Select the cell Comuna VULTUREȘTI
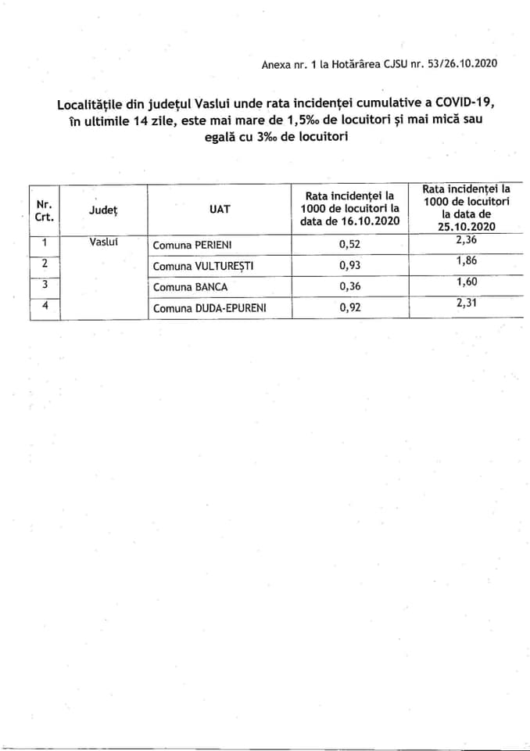[x=203, y=266]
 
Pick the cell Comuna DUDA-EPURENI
[x=209, y=308]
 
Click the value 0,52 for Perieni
[x=350, y=245]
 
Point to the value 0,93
[x=350, y=266]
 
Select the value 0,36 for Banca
[x=350, y=287]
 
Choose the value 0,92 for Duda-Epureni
[x=350, y=308]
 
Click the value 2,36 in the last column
[x=467, y=240]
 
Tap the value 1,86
[x=467, y=261]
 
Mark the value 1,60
[x=467, y=282]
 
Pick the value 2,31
[x=467, y=302]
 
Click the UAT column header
[x=220, y=209]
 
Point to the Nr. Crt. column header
[x=44, y=210]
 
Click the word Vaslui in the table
[x=103, y=243]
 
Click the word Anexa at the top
[x=276, y=63]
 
